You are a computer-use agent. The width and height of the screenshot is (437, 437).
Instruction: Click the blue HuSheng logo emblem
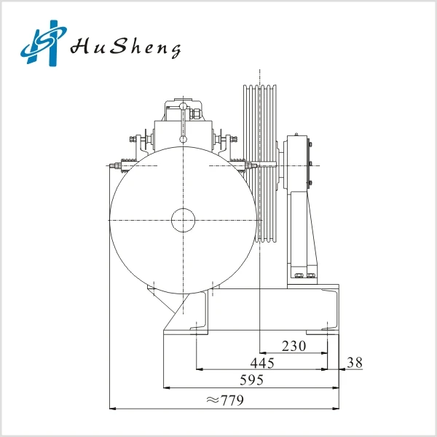coord(44,43)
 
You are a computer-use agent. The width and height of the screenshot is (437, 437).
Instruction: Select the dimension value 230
coord(294,346)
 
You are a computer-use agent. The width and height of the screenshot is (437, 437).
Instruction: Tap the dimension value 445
coord(262,363)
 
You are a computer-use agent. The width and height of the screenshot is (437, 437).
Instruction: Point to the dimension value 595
coord(252,380)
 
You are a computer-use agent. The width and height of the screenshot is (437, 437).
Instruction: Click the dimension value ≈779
coord(225,401)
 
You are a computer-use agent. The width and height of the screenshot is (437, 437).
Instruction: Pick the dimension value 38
coord(355,363)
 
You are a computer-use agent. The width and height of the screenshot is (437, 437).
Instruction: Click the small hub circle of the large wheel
coord(183,220)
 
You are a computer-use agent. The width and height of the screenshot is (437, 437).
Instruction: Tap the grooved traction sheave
coord(260,163)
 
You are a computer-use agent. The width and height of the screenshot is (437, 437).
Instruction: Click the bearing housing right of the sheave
coord(296,162)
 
